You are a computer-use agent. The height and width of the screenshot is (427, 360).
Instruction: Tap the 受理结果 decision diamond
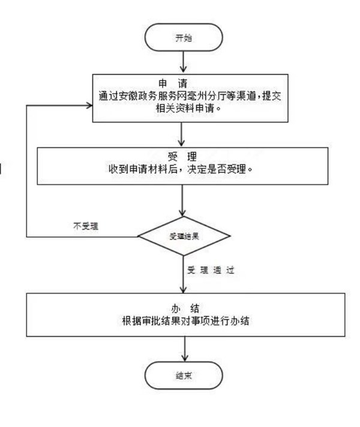184,236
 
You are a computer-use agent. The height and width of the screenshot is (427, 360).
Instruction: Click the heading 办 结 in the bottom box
184,309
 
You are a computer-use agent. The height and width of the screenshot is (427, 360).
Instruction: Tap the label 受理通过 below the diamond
214,270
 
